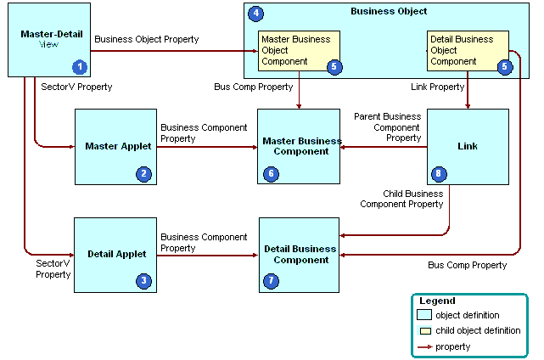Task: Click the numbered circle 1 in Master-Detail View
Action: coord(80,66)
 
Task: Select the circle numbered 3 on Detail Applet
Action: coord(143,280)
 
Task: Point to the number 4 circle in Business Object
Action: coord(256,14)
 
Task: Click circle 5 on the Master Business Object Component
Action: coord(334,67)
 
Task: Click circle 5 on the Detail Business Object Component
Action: coord(505,67)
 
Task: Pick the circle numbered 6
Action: coord(272,174)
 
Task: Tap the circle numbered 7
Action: coord(272,280)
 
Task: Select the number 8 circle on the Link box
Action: coord(439,174)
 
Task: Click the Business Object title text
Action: coord(389,11)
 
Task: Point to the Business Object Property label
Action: coord(147,39)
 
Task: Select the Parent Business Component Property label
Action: coord(387,127)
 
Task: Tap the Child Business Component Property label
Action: coord(401,199)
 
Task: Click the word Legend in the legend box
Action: coord(437,301)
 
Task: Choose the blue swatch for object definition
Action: coord(423,315)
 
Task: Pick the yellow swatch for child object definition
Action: coord(423,330)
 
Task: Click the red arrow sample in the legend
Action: coord(423,346)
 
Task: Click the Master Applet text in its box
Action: coord(118,146)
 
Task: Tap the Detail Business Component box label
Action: coord(300,254)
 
